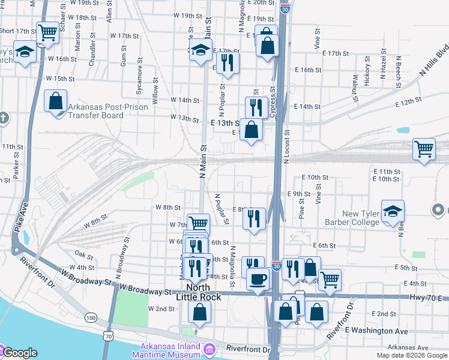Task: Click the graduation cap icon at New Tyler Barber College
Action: [x=393, y=211]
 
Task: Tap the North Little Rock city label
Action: [x=199, y=292]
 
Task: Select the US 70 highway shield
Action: [x=108, y=337]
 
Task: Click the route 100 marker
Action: [x=91, y=317]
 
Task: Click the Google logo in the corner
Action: [x=19, y=353]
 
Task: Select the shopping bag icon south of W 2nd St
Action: [x=199, y=311]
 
